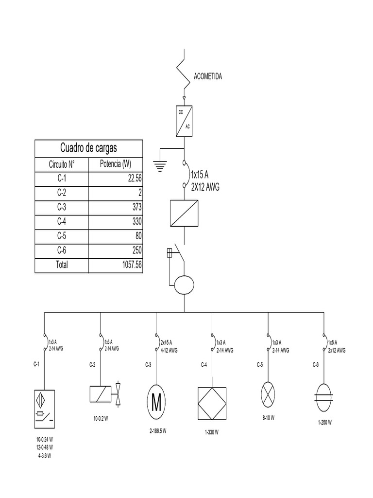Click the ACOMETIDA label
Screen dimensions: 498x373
pyautogui.click(x=208, y=77)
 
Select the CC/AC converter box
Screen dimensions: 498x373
pyautogui.click(x=184, y=119)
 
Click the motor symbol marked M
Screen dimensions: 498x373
pyautogui.click(x=156, y=402)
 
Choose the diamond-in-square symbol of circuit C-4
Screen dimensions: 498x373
pyautogui.click(x=212, y=402)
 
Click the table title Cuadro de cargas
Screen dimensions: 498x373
pyautogui.click(x=88, y=147)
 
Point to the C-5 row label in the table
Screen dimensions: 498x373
pyautogui.click(x=61, y=236)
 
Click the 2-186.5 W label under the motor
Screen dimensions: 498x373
pyautogui.click(x=158, y=431)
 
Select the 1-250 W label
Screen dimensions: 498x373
pyautogui.click(x=325, y=423)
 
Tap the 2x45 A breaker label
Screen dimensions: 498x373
pyautogui.click(x=166, y=341)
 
